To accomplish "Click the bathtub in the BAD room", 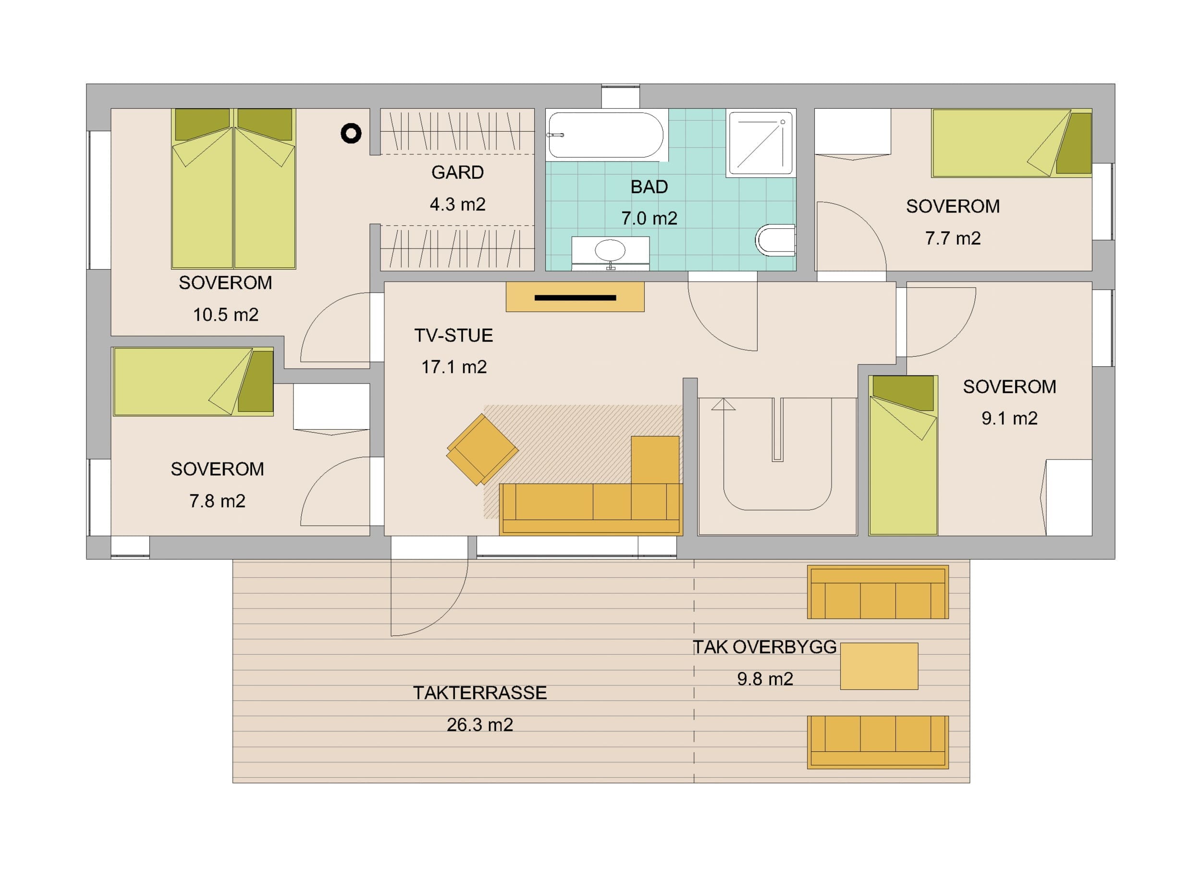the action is click(x=606, y=135).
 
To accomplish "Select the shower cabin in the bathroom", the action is click(x=760, y=143).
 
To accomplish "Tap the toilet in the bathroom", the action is click(x=775, y=240).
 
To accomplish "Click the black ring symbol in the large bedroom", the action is click(x=351, y=133).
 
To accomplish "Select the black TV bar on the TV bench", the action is click(x=575, y=298).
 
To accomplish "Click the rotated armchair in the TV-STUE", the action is click(x=482, y=449).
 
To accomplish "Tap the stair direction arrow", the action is click(x=723, y=404).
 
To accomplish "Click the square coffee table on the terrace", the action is click(x=879, y=666).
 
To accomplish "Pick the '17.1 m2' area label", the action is click(x=454, y=367).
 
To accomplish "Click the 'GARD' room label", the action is click(x=457, y=172).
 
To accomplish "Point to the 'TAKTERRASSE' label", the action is click(x=480, y=693).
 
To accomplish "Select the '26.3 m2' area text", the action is click(x=480, y=725).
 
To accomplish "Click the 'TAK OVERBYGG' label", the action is click(x=764, y=647).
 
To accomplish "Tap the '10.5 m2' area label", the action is click(x=225, y=315).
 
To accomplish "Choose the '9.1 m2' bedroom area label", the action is click(x=1009, y=418).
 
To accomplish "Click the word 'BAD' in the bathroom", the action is click(x=649, y=187).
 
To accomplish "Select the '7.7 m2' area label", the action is click(x=953, y=238).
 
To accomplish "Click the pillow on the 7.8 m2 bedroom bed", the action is click(x=256, y=381).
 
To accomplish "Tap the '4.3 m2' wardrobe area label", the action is click(x=457, y=204).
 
